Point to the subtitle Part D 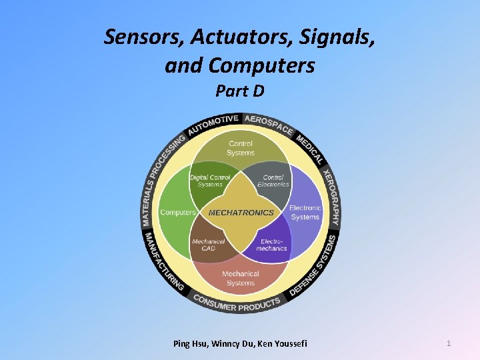[240, 91]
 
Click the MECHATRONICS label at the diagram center [241, 213]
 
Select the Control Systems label [241, 148]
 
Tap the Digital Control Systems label [210, 181]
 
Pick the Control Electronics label [273, 181]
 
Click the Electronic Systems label [305, 213]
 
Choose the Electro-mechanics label [273, 245]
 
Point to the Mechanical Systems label [241, 278]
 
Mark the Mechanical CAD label [209, 245]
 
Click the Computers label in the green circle [178, 213]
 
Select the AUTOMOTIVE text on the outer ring [213, 123]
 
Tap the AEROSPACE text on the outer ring [268, 123]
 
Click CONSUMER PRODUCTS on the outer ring [237, 303]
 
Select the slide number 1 [449, 343]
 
